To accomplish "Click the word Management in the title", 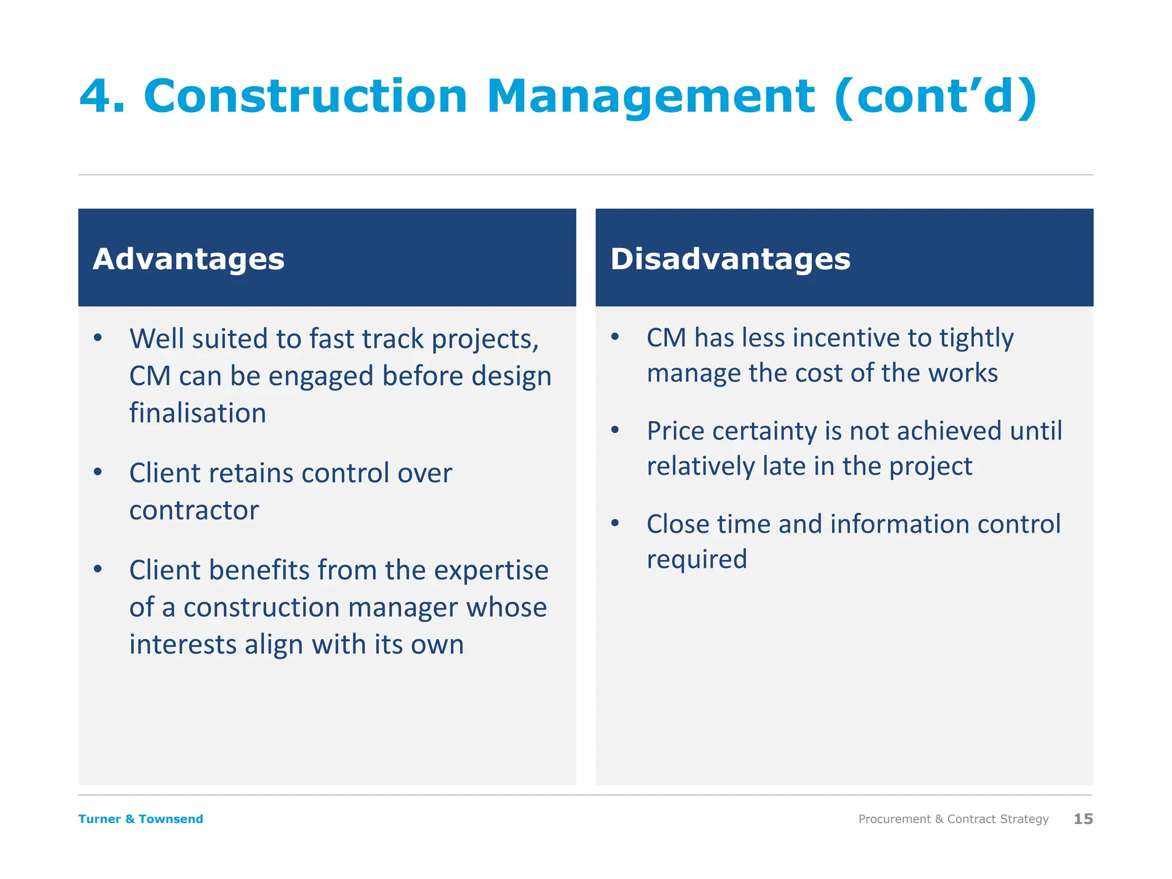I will [651, 96].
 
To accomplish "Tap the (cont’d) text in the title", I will [935, 96].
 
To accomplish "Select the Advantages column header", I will [188, 259].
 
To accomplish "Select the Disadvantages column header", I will [730, 259].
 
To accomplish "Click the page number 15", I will [1083, 819].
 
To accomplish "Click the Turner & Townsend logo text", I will [141, 819].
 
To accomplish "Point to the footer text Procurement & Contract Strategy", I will [953, 819].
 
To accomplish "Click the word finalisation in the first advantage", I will [197, 413].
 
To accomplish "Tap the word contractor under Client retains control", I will [194, 510].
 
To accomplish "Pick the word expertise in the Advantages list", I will [491, 571].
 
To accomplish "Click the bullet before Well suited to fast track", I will [98, 338].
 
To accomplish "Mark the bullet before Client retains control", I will [98, 472].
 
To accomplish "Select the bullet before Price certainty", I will [615, 430].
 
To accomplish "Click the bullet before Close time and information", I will [615, 522].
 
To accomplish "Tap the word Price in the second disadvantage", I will [675, 431].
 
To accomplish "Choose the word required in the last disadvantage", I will [696, 560].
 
